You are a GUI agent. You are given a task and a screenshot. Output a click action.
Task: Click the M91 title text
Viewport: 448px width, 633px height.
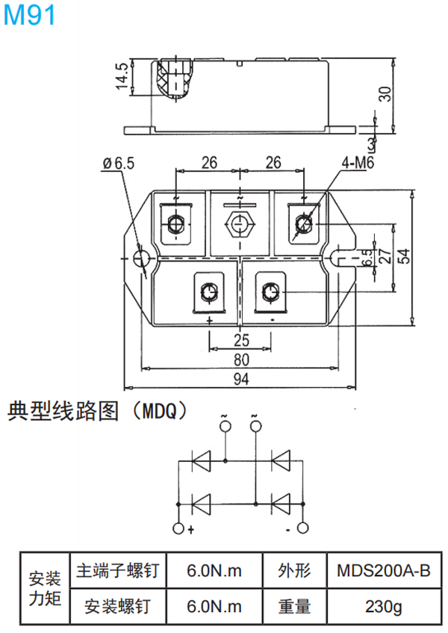point(29,16)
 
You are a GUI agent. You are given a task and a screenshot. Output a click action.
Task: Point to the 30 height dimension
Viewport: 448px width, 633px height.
point(385,94)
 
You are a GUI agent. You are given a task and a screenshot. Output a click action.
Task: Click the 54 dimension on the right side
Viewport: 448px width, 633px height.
point(404,256)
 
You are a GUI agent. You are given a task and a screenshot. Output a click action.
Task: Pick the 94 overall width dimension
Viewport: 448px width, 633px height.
point(240,380)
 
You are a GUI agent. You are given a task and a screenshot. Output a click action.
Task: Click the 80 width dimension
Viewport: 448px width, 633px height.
point(240,360)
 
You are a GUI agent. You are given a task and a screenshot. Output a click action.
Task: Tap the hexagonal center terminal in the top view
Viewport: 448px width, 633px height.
point(240,224)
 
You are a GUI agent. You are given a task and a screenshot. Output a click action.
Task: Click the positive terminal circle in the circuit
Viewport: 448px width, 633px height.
point(178,528)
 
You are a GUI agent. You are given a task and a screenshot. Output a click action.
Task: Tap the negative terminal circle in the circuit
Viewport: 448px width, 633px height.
point(302,528)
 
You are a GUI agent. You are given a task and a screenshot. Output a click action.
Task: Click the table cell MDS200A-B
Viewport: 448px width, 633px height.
point(383,572)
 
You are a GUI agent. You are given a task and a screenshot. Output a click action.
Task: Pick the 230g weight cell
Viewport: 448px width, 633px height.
point(383,607)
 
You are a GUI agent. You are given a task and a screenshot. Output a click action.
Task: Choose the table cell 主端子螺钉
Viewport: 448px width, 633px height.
point(117,572)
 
